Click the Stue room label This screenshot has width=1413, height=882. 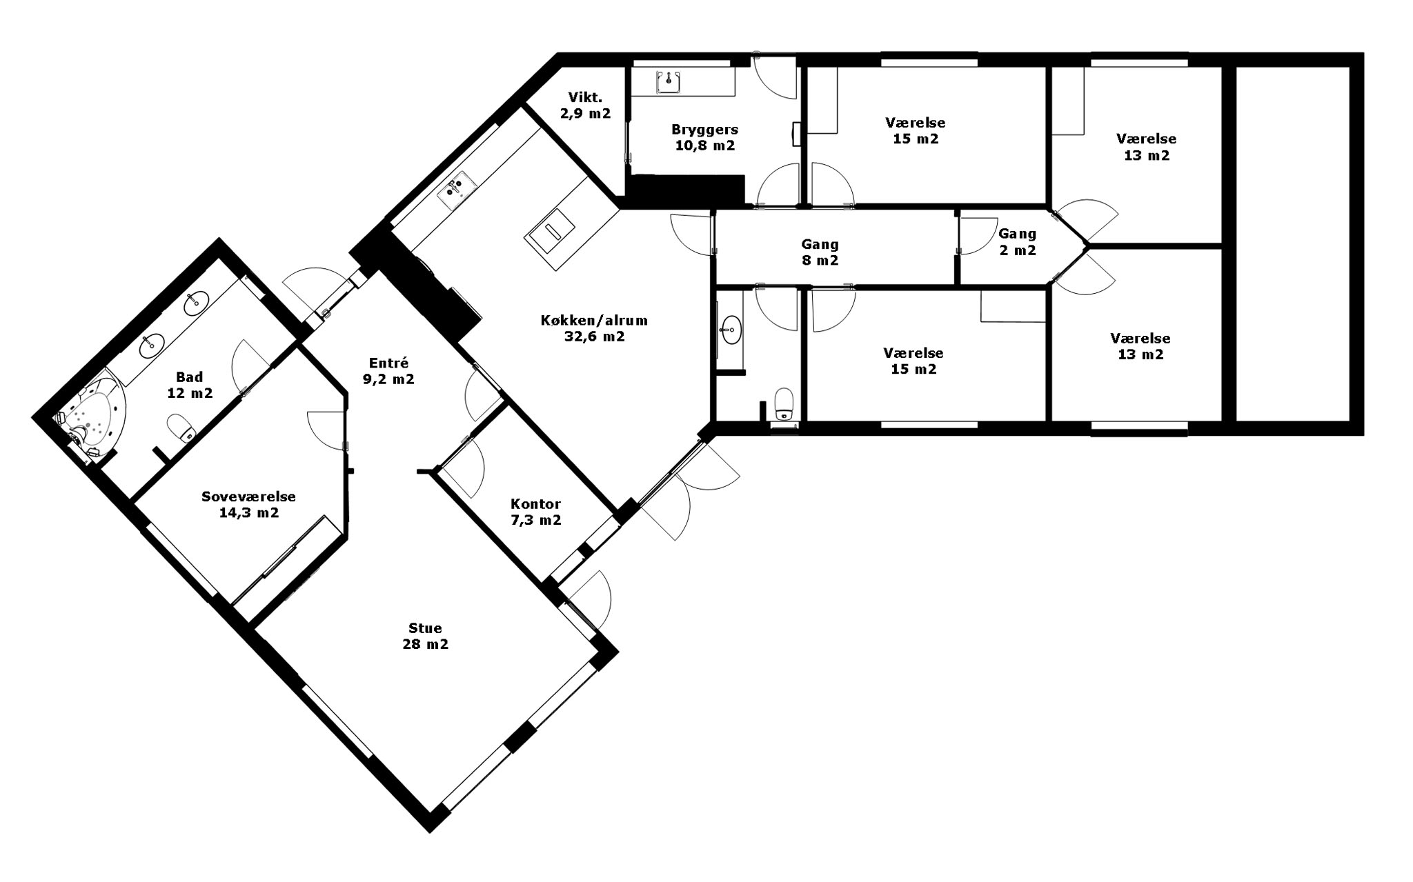click(425, 628)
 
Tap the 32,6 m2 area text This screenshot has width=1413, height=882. click(594, 337)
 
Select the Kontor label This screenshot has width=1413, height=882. click(535, 504)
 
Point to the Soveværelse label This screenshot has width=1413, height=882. click(248, 497)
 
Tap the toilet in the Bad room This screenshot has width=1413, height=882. click(181, 428)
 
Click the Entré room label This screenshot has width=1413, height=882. click(388, 363)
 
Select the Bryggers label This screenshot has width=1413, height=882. click(704, 130)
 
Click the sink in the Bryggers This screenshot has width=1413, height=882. click(669, 81)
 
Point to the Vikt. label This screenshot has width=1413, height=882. click(585, 97)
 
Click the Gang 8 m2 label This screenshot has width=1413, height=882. click(820, 252)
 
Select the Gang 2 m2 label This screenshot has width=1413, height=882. click(1017, 242)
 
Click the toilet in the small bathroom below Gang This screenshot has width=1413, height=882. click(784, 404)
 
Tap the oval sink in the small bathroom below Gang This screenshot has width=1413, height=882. click(731, 330)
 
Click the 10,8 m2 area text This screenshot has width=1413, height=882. click(704, 146)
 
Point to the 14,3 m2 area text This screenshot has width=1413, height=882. click(248, 512)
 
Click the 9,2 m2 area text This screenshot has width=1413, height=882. click(388, 379)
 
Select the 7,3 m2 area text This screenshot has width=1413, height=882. click(535, 520)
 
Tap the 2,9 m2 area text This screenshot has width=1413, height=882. click(585, 113)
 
